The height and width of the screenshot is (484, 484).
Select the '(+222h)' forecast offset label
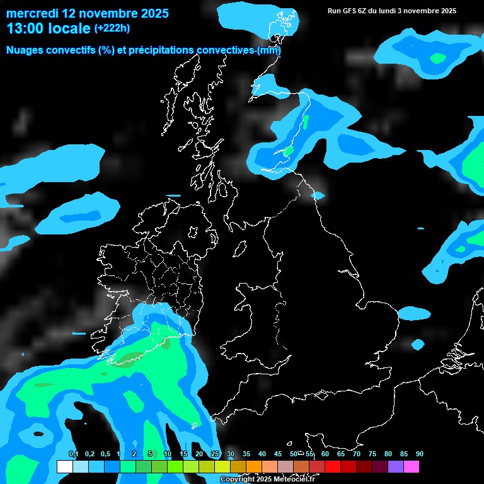[112, 28]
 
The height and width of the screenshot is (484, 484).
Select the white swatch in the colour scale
[65, 467]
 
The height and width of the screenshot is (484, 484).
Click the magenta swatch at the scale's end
[412, 467]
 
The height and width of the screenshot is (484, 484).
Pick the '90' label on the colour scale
[420, 454]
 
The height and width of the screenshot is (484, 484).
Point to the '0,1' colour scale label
[73, 454]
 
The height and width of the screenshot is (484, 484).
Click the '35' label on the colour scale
[246, 454]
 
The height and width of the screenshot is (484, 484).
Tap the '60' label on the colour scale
[325, 454]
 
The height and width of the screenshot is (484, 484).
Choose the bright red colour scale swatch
[333, 467]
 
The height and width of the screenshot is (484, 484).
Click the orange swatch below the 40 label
[254, 467]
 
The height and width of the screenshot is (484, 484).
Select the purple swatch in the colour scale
[396, 467]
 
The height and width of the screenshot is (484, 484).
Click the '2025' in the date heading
[152, 13]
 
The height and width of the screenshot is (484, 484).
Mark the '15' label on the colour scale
[183, 454]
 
